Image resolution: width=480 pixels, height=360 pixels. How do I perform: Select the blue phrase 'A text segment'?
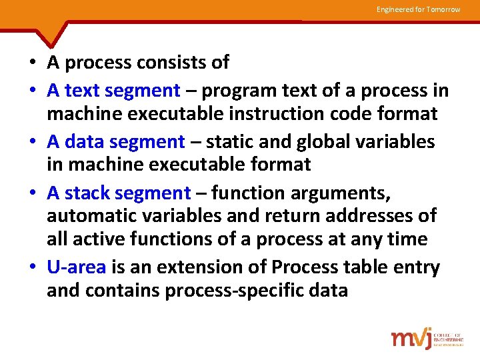[113, 90]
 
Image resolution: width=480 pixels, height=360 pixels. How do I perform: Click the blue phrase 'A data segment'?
[115, 141]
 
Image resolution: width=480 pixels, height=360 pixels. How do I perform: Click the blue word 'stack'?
[87, 193]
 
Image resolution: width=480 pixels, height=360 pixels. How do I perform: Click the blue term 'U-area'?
[76, 267]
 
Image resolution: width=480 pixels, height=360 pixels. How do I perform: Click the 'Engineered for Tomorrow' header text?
[418, 9]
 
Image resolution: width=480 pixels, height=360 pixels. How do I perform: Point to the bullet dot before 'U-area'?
[33, 268]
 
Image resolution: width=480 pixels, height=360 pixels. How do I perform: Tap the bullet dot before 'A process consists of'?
[33, 63]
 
